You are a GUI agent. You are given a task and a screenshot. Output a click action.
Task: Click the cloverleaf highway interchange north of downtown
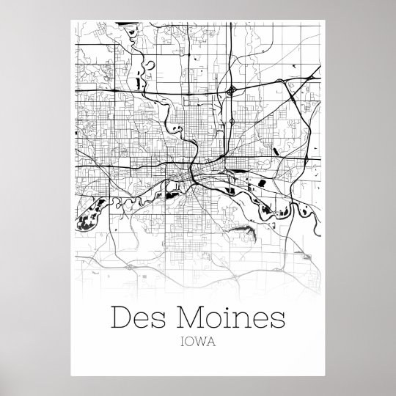pos(232,91)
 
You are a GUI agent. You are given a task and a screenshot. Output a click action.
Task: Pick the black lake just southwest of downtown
pos(171,195)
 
